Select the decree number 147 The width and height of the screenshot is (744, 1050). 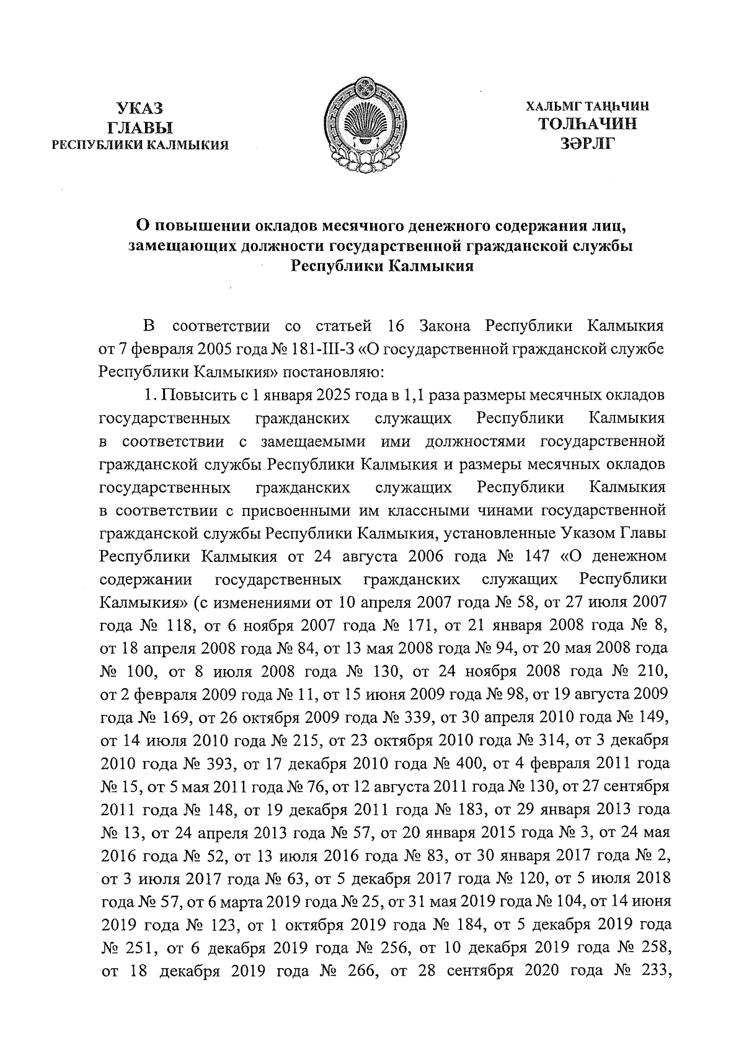pyautogui.click(x=536, y=556)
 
